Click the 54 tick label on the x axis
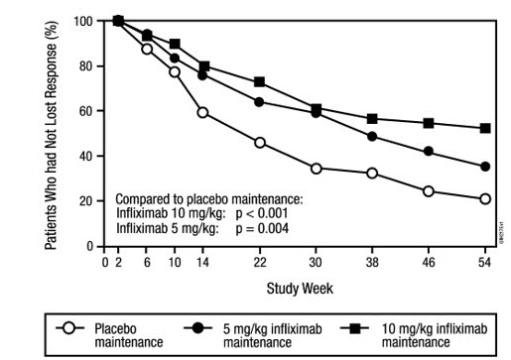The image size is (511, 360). pos(485,262)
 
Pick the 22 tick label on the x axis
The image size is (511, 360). pos(260,262)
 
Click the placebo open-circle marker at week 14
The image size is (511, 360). pos(202,112)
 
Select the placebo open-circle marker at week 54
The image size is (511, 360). pos(485,198)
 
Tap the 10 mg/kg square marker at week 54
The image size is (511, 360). pos(485,128)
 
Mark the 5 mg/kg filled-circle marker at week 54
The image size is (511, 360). pos(485,167)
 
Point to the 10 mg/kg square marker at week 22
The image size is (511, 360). pos(260,81)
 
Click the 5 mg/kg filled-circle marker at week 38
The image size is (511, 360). pos(372,136)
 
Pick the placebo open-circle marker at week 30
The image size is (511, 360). pos(317,169)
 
